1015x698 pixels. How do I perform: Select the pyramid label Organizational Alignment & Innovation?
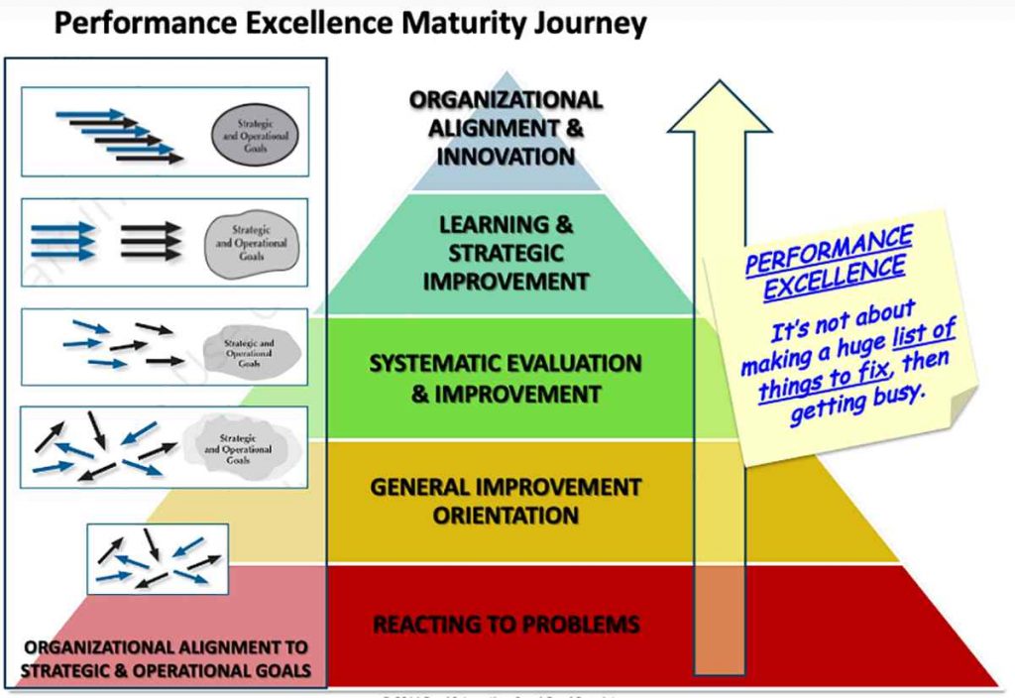(506, 128)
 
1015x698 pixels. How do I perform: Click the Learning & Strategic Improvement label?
(506, 253)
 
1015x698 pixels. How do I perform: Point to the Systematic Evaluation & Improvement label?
(506, 378)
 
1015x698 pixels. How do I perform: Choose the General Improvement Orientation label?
(506, 501)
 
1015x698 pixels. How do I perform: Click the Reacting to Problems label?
(506, 625)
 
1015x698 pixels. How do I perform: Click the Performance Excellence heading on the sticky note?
(831, 261)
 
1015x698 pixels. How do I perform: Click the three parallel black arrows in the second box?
(152, 241)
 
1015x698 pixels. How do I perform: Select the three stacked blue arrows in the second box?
(63, 241)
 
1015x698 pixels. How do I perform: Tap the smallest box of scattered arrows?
(158, 559)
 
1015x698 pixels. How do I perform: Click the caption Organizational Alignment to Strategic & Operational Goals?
(167, 659)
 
